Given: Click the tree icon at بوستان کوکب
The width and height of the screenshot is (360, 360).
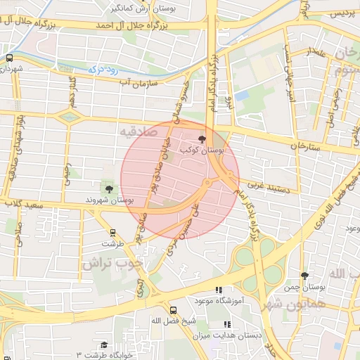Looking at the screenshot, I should point(203,139).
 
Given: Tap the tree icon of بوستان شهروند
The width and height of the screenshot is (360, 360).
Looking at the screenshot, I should point(109,188).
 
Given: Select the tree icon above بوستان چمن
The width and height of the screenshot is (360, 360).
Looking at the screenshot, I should point(304,276).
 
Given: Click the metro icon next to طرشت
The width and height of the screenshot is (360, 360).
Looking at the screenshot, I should point(112,232).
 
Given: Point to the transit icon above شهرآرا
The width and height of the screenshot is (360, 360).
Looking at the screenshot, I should point(9,58).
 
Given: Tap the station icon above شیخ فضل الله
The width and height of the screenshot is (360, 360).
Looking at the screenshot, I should point(173,309).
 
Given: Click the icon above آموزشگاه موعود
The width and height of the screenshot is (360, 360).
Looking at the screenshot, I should point(219,290).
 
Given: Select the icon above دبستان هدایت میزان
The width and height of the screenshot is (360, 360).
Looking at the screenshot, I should point(226,324).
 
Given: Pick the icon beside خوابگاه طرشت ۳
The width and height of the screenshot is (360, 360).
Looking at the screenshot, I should point(104,345).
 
